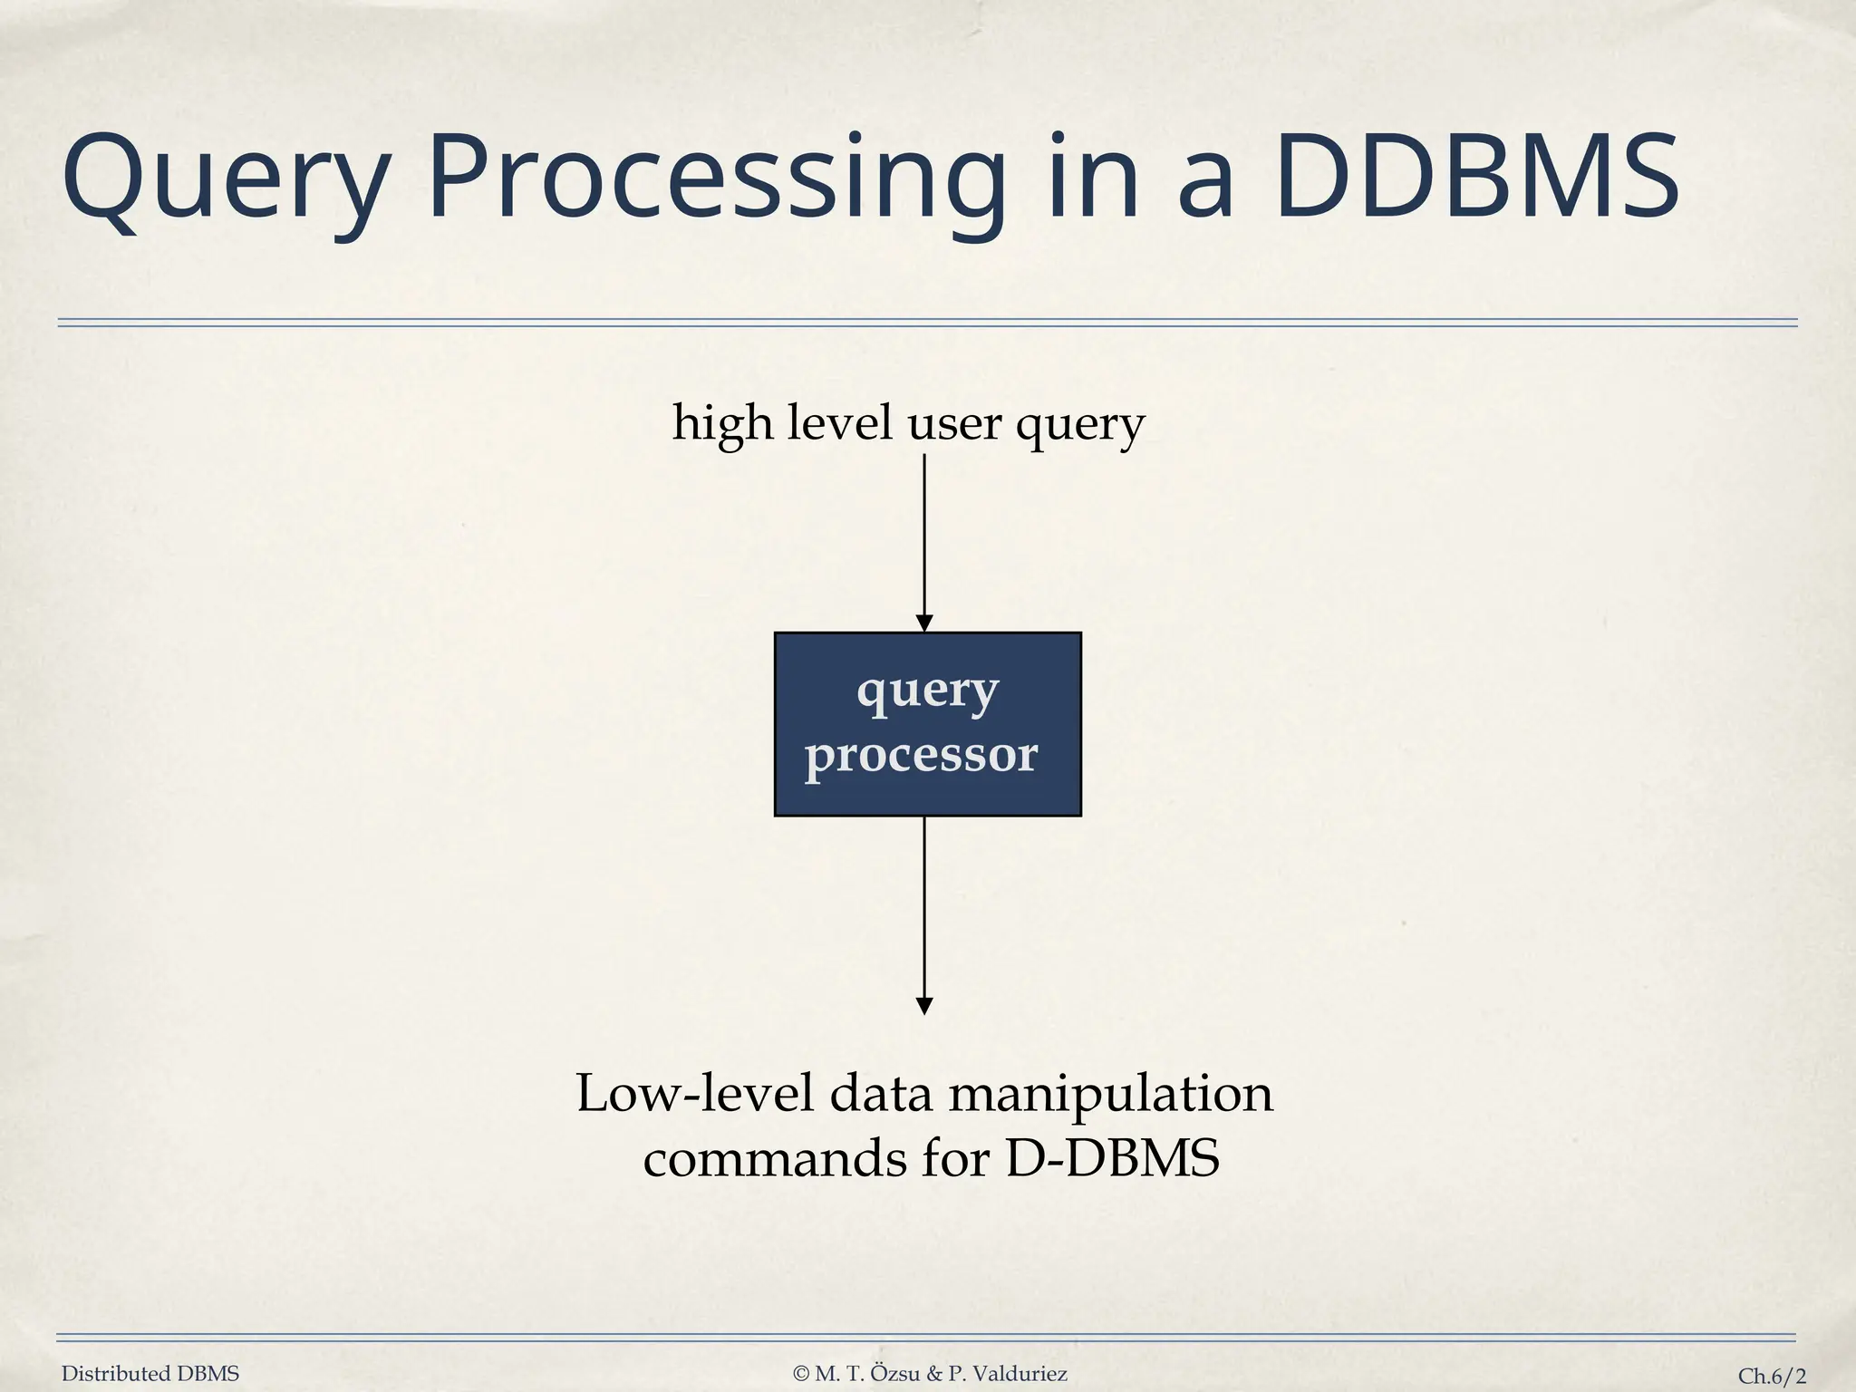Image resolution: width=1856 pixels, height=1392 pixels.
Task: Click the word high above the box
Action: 722,423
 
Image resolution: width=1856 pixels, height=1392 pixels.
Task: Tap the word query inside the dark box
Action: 927,692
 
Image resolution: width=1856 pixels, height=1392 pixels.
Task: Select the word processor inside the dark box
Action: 922,755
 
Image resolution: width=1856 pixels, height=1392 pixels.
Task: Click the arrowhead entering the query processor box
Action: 924,623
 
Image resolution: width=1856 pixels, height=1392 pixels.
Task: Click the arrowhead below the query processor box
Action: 924,1006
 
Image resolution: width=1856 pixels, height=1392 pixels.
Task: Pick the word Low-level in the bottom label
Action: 695,1093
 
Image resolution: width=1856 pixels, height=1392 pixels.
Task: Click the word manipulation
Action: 1111,1095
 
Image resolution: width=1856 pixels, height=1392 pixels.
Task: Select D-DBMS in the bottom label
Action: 1113,1158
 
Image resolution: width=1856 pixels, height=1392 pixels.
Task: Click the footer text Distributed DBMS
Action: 150,1374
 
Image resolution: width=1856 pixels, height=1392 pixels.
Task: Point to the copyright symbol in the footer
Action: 801,1374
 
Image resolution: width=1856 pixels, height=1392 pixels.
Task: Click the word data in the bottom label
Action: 881,1093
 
